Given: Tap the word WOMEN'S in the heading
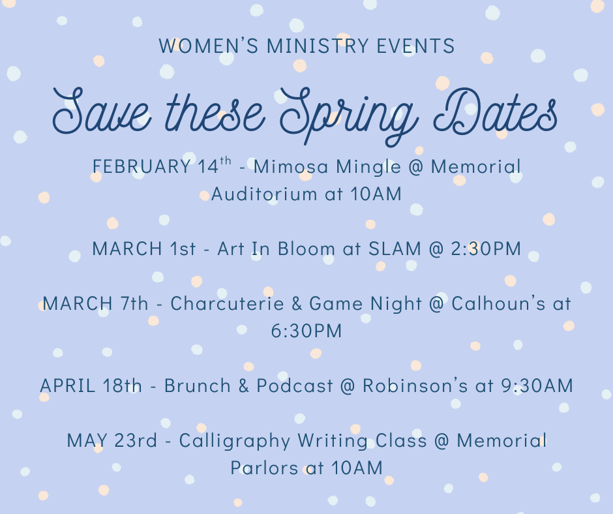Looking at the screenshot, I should click(x=196, y=46).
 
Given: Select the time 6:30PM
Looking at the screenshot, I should click(x=306, y=331).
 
